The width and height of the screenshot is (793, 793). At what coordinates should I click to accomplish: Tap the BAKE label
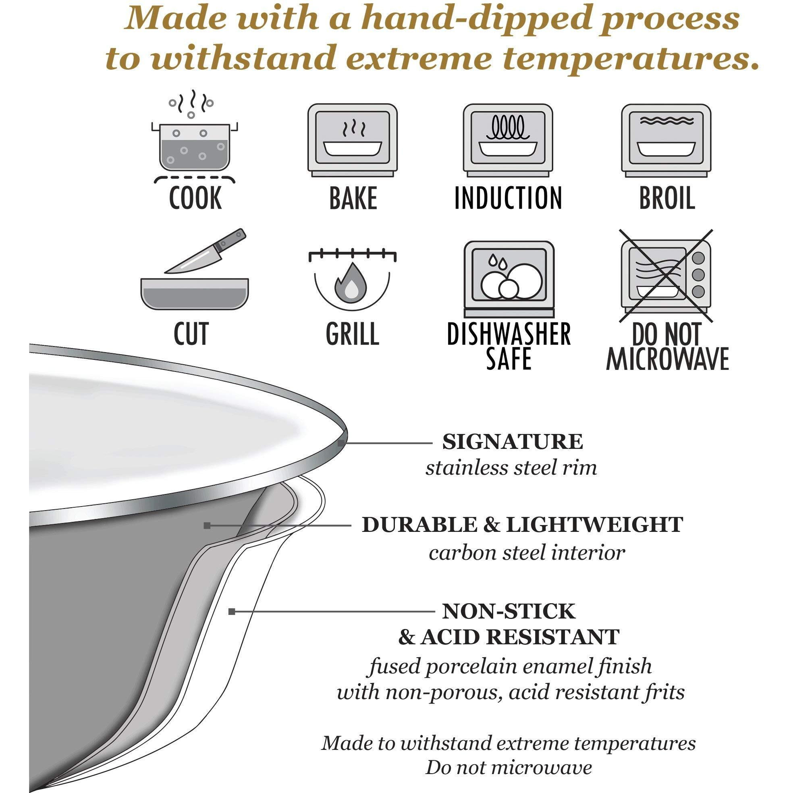(x=353, y=198)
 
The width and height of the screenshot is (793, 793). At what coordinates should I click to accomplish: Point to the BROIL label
(x=667, y=198)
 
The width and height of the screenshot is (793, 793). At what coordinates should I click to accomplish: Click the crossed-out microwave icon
(x=666, y=279)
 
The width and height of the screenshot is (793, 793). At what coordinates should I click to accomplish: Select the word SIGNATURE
(x=513, y=442)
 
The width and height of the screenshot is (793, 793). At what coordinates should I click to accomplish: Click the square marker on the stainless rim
(x=340, y=443)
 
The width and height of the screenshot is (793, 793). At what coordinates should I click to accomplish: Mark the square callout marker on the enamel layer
(x=232, y=623)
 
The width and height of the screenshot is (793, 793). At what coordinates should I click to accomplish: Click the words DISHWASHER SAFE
(x=509, y=346)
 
